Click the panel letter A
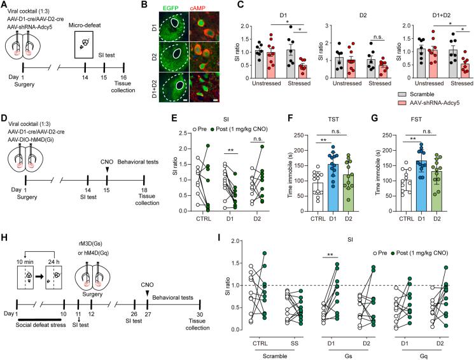tap(5, 6)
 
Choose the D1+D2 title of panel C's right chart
tap(427, 10)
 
